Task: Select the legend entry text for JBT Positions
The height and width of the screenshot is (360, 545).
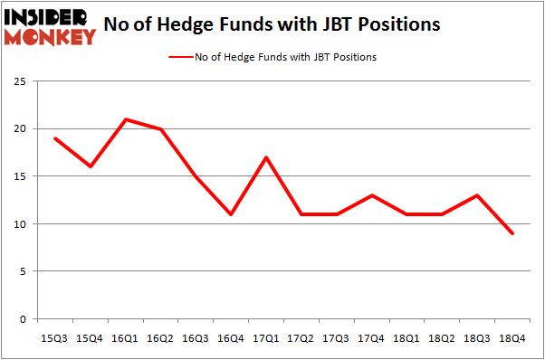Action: pos(285,57)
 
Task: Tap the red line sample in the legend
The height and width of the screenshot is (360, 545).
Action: pos(179,57)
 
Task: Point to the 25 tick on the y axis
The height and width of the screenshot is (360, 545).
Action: pos(18,82)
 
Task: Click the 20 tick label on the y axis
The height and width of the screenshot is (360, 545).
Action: pos(18,129)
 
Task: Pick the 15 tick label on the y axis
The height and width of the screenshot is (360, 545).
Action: pos(18,176)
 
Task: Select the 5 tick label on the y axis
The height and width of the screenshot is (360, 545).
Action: pos(21,271)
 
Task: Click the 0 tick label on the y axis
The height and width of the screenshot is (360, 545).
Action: pos(21,318)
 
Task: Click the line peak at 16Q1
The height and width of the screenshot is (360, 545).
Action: pos(125,119)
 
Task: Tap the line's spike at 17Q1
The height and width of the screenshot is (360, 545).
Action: pos(264,157)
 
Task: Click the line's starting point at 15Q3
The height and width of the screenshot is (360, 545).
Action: pos(54,138)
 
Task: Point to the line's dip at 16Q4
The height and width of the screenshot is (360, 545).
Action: pos(230,214)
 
